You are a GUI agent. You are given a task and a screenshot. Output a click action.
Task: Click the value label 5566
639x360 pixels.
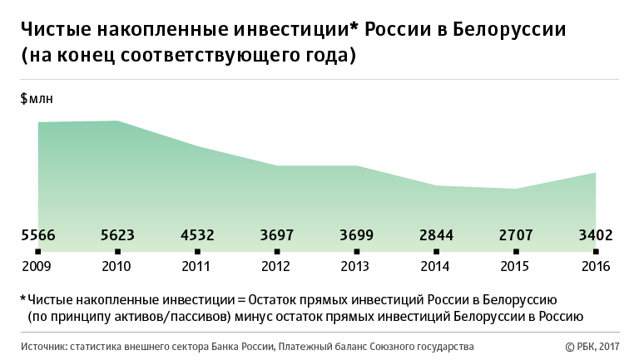[37, 236]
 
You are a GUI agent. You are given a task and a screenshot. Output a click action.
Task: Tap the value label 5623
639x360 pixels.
[117, 236]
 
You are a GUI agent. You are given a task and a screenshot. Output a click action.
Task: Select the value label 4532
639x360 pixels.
[197, 236]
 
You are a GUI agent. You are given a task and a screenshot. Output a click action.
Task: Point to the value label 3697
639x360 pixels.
[277, 236]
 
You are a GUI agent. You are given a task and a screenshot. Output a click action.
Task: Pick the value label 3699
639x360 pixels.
[357, 236]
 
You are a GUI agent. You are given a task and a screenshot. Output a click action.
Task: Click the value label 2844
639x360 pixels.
[437, 236]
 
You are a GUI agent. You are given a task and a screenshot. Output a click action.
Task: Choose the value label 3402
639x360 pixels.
[596, 236]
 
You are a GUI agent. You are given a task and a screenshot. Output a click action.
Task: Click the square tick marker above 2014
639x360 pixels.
[437, 251]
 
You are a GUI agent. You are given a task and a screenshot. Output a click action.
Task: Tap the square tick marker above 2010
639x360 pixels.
[117, 251]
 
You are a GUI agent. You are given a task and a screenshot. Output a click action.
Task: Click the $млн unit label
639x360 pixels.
[37, 99]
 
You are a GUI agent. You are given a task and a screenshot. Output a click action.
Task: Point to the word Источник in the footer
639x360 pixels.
[45, 346]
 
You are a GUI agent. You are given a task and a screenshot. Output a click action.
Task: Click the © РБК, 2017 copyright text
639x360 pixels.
[593, 346]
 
